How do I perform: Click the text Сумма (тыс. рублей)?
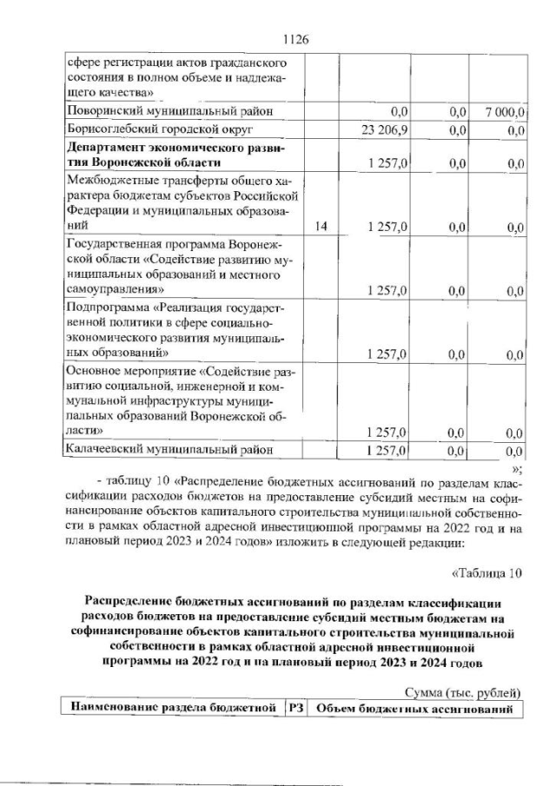[x=463, y=692]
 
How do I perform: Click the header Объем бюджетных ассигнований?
[x=414, y=709]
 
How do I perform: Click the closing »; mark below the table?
[x=517, y=464]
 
